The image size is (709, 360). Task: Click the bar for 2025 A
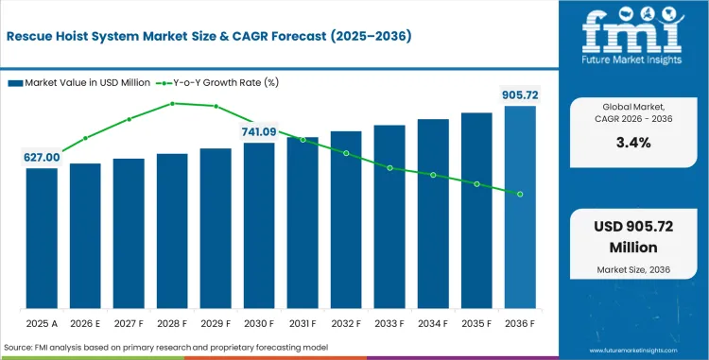pyautogui.click(x=42, y=238)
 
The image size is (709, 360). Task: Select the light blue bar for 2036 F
pyautogui.click(x=520, y=207)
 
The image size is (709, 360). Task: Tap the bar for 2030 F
pyautogui.click(x=259, y=226)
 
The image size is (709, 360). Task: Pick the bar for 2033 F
pyautogui.click(x=389, y=216)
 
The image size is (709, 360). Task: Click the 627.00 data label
pyautogui.click(x=42, y=157)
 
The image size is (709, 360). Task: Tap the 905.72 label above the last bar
pyautogui.click(x=521, y=95)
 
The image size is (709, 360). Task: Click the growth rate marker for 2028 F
pyautogui.click(x=172, y=103)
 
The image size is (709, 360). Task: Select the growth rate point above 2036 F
pyautogui.click(x=520, y=195)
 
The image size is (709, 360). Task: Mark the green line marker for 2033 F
pyautogui.click(x=389, y=168)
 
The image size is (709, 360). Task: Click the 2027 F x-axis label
pyautogui.click(x=129, y=323)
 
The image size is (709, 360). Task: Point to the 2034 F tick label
pyautogui.click(x=433, y=323)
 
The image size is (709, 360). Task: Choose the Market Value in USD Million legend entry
pyautogui.click(x=79, y=82)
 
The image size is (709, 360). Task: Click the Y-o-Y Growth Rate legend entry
pyautogui.click(x=217, y=82)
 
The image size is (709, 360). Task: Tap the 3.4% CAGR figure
pyautogui.click(x=633, y=143)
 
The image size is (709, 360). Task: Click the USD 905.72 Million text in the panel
pyautogui.click(x=633, y=236)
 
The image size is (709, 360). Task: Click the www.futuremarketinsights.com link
pyautogui.click(x=633, y=351)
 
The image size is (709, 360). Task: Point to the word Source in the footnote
pyautogui.click(x=15, y=348)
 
